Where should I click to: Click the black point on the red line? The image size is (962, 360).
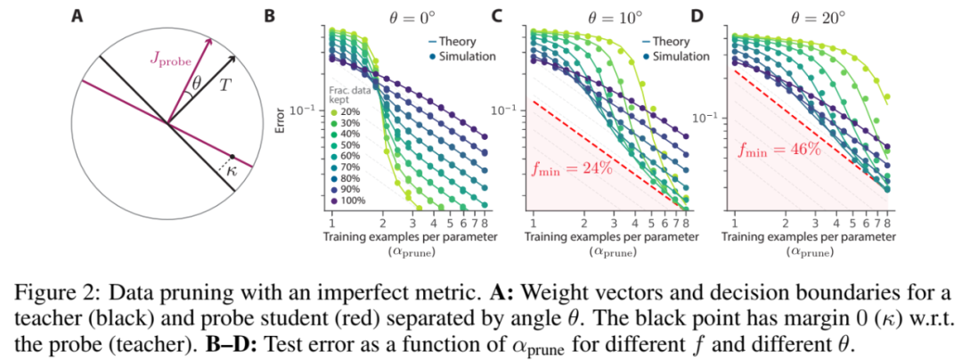(232, 156)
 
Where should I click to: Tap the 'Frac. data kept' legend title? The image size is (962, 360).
(350, 94)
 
